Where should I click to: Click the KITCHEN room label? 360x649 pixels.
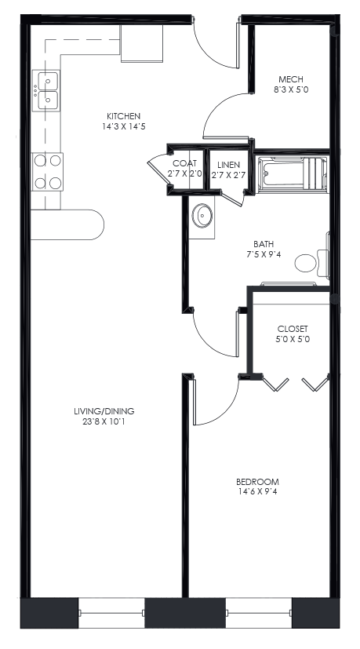(x=124, y=116)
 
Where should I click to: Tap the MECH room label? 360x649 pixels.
(x=291, y=78)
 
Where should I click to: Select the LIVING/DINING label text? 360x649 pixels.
(x=104, y=410)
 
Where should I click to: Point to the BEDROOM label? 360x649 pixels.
(x=257, y=481)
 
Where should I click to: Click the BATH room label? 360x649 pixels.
(x=263, y=243)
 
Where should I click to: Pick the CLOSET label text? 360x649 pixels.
(x=293, y=328)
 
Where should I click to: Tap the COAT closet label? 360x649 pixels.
(x=185, y=163)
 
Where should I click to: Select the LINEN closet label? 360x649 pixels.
(x=228, y=163)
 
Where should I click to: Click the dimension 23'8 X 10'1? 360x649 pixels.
(x=104, y=421)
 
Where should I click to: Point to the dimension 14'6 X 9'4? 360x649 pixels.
(x=257, y=493)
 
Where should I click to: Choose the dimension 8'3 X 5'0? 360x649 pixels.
(x=291, y=89)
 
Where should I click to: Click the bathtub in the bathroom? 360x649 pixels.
(x=292, y=173)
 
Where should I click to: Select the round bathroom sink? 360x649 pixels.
(x=203, y=214)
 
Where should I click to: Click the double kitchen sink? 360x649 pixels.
(x=46, y=89)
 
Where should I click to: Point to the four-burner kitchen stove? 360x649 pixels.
(x=46, y=172)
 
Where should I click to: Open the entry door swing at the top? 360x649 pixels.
(x=216, y=46)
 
